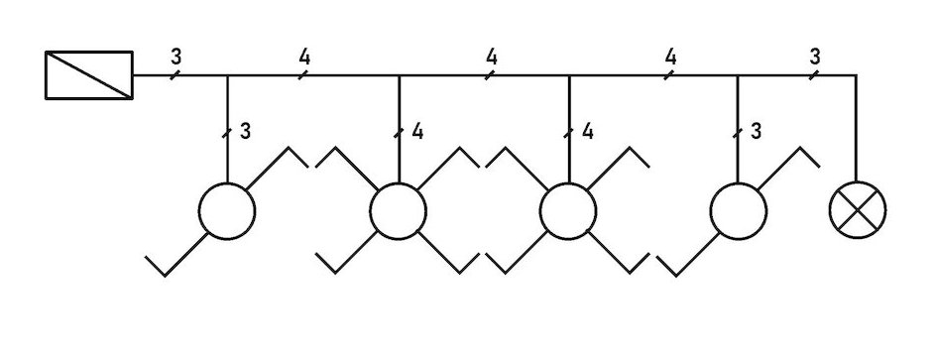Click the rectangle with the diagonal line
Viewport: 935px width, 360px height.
coord(89,75)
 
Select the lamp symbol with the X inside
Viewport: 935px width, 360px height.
coord(858,210)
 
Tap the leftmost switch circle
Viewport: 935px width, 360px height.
coord(227,210)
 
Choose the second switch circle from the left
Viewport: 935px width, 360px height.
coord(399,210)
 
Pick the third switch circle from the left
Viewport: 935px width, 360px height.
coord(568,210)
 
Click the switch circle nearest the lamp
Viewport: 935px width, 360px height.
coord(739,210)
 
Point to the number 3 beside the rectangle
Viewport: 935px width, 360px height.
coord(175,56)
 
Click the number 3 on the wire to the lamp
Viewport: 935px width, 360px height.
coord(815,56)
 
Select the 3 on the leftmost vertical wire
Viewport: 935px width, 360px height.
coord(245,131)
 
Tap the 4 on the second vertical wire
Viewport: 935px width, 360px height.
coord(416,131)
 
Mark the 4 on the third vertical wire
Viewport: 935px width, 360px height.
coord(587,131)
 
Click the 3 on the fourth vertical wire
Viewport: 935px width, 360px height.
coord(757,131)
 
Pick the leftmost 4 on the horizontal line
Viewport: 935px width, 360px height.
coord(304,56)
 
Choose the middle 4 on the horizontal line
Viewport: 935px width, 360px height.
coord(491,56)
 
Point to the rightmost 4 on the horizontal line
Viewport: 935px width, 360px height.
coord(670,56)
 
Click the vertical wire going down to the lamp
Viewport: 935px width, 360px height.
coord(856,129)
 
